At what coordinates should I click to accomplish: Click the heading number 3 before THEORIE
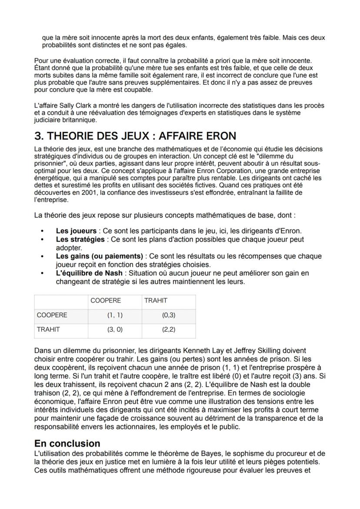39,136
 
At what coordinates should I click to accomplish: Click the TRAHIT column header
156,300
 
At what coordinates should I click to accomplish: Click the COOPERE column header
106,300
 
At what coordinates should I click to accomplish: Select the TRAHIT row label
48,329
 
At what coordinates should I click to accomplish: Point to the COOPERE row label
52,315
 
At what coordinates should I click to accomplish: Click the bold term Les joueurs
76,231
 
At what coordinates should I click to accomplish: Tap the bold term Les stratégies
80,239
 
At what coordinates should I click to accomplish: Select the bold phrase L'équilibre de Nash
89,273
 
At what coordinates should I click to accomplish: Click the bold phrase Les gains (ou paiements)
100,256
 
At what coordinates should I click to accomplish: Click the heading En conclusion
67,443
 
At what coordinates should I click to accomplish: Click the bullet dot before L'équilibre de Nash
42,273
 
